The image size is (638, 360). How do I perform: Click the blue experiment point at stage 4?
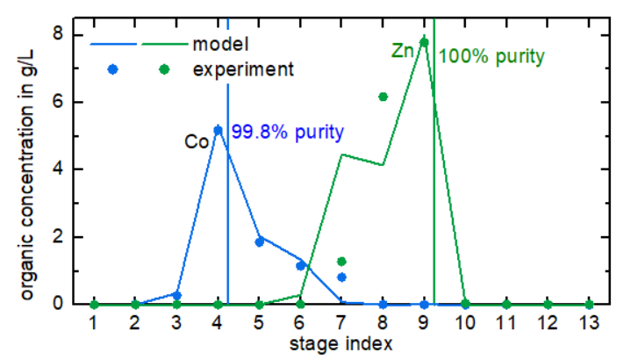point(218,130)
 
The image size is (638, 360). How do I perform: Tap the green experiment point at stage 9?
point(424,42)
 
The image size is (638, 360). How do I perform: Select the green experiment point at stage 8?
point(383,97)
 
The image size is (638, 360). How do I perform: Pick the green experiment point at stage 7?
point(341,261)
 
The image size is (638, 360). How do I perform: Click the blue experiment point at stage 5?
point(259,241)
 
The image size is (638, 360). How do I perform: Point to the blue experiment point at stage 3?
point(176,295)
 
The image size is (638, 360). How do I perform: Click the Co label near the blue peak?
point(196,140)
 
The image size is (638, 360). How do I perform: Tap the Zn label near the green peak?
point(403,52)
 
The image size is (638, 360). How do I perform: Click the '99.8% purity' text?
point(288,133)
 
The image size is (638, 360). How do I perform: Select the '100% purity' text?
point(491,57)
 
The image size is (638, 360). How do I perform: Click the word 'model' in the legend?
point(222,43)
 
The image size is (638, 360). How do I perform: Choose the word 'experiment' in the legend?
point(243,68)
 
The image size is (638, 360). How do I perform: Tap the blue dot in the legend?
point(112,68)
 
